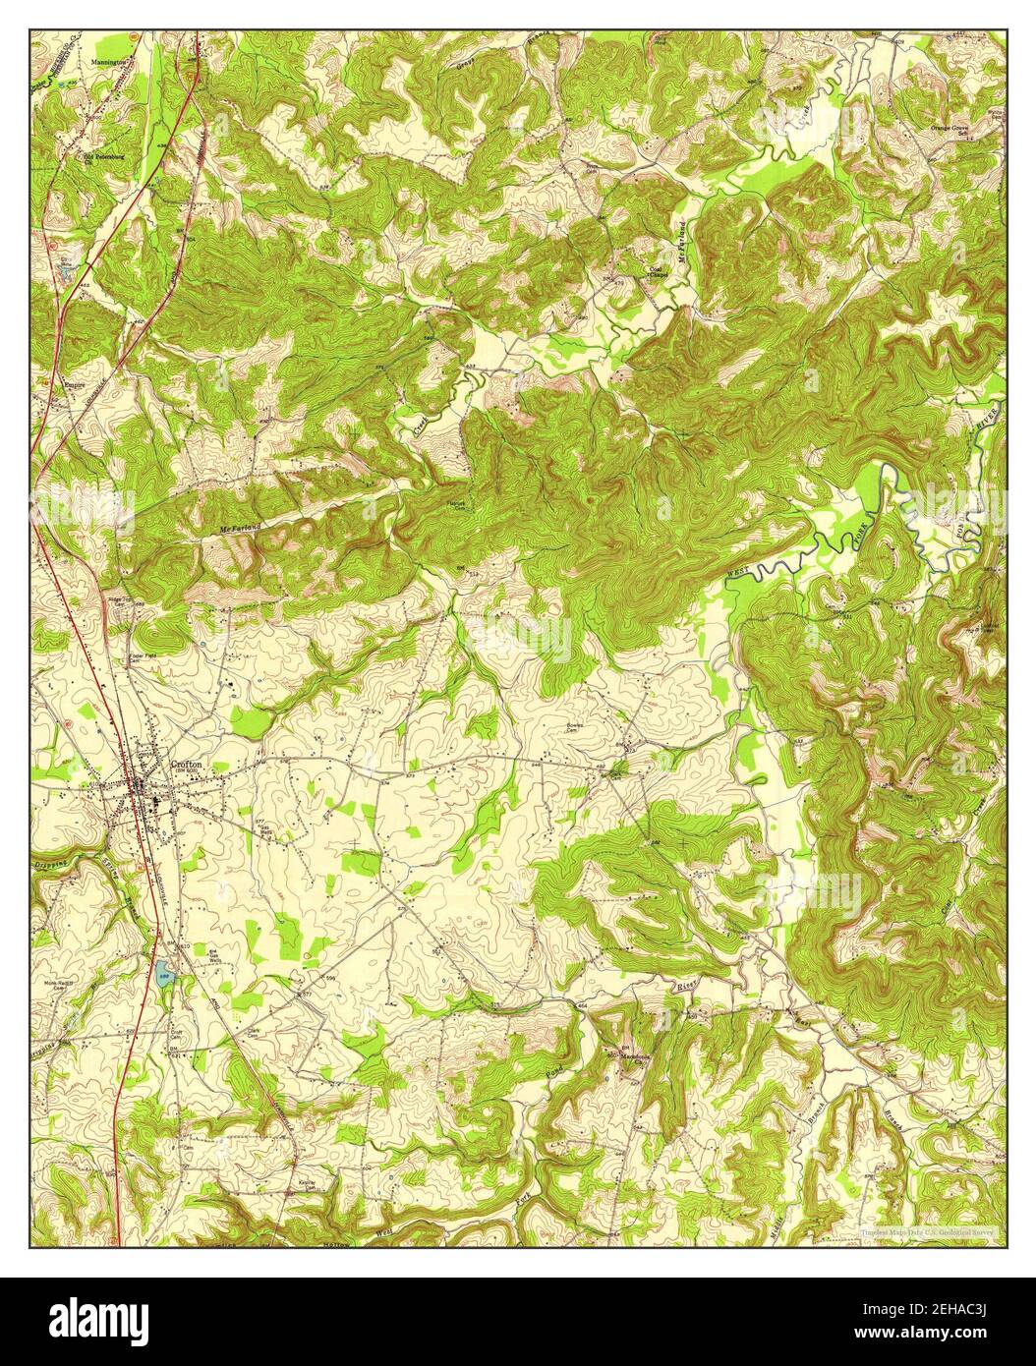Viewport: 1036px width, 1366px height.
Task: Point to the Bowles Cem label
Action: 575,730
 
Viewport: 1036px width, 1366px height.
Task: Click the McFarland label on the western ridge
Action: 240,530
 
